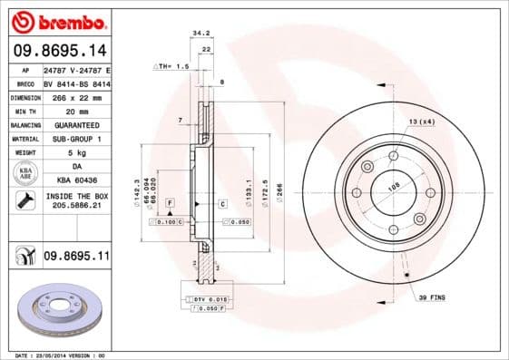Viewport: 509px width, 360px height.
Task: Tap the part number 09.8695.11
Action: tap(75, 258)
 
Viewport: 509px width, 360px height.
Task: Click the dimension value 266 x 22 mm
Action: tap(75, 96)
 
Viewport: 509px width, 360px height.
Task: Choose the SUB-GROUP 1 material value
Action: tap(75, 139)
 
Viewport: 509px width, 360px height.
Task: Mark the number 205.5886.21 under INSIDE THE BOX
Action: tap(75, 207)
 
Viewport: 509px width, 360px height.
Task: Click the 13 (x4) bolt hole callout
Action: tap(421, 122)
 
